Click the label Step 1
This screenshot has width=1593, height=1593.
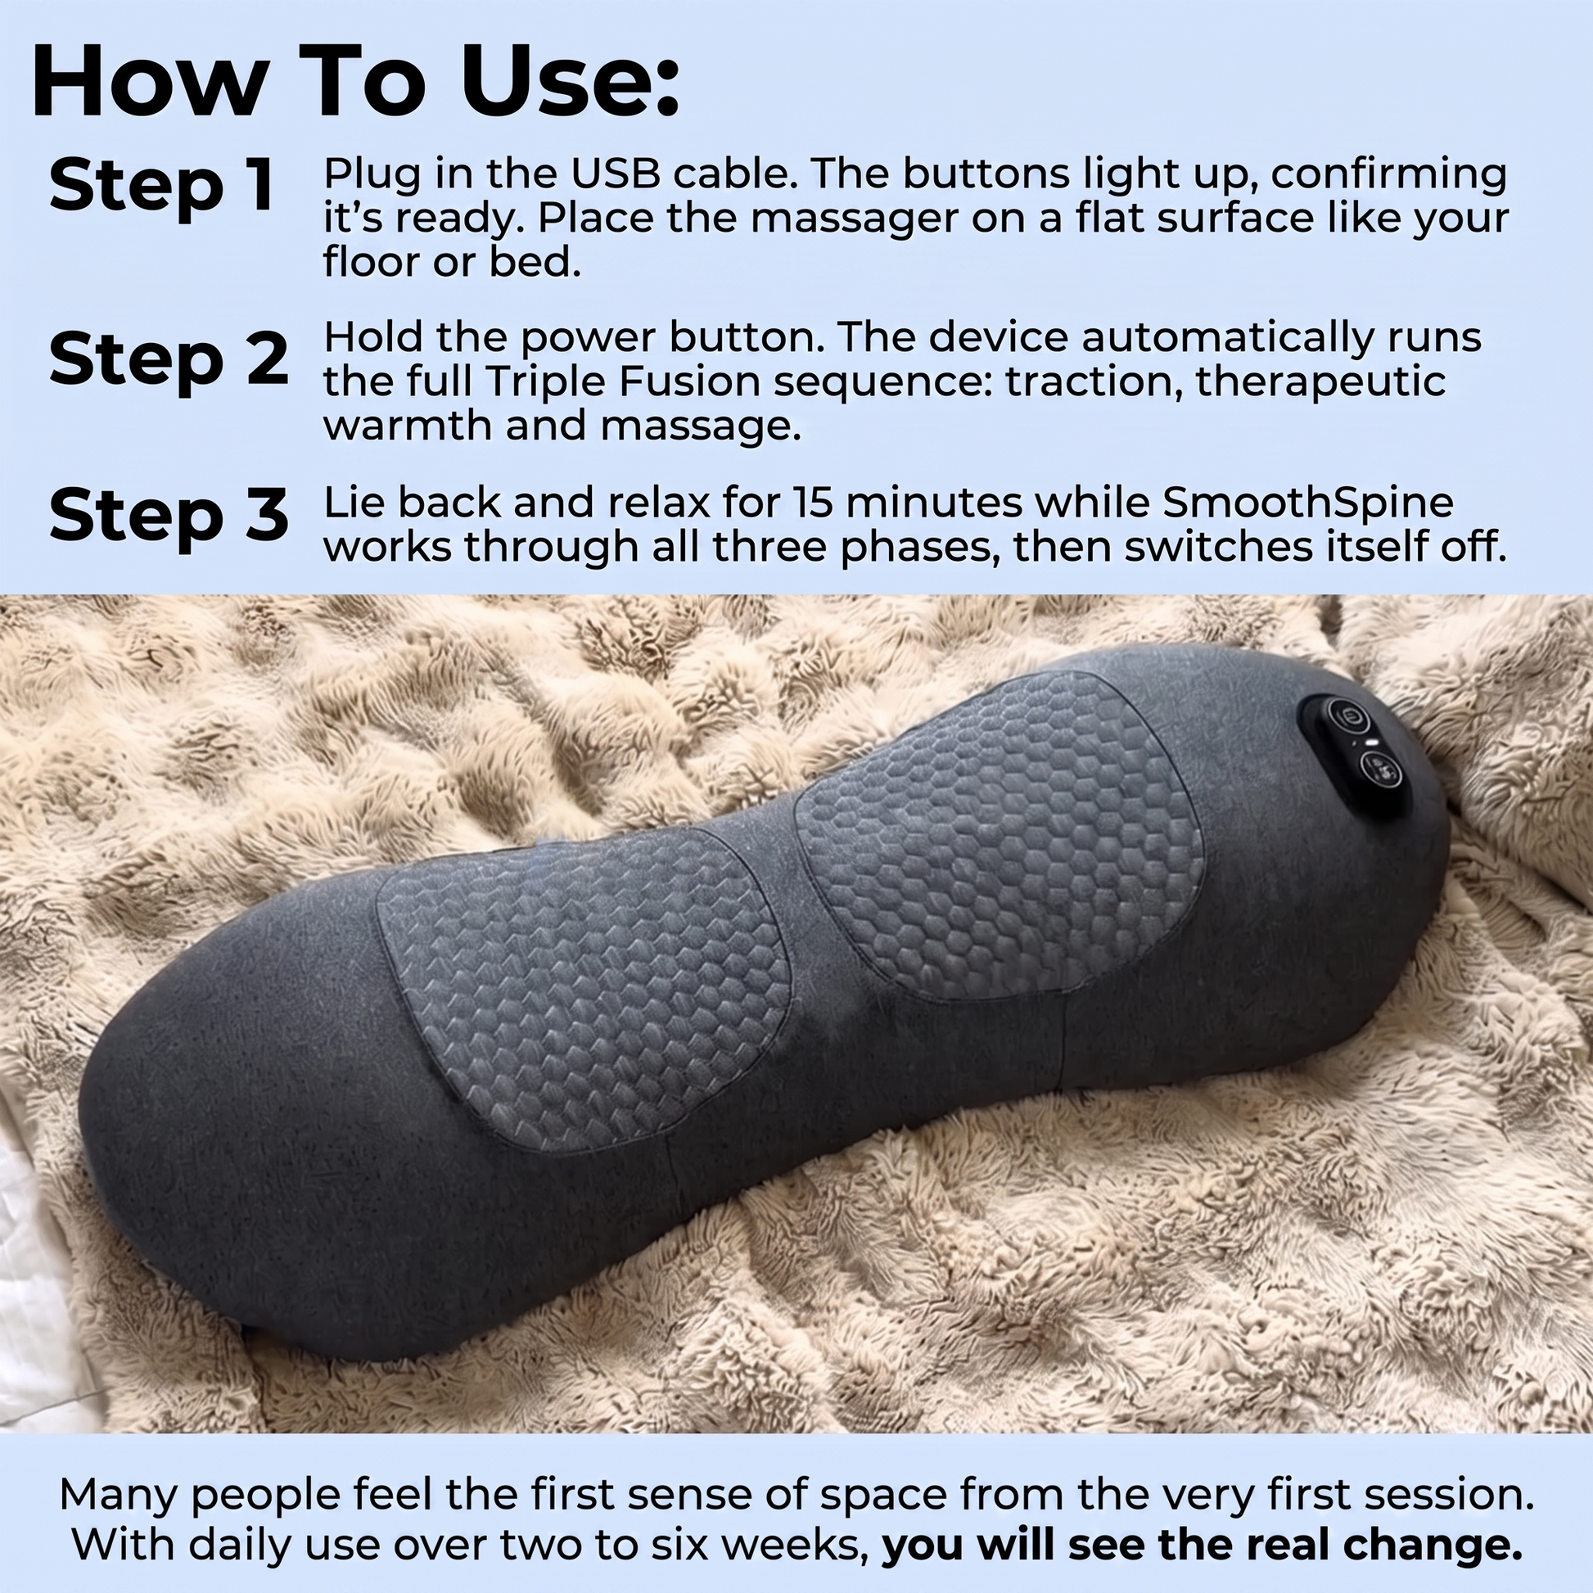click(161, 186)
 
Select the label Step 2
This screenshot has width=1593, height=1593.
click(169, 359)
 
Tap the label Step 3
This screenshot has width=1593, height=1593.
click(169, 517)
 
